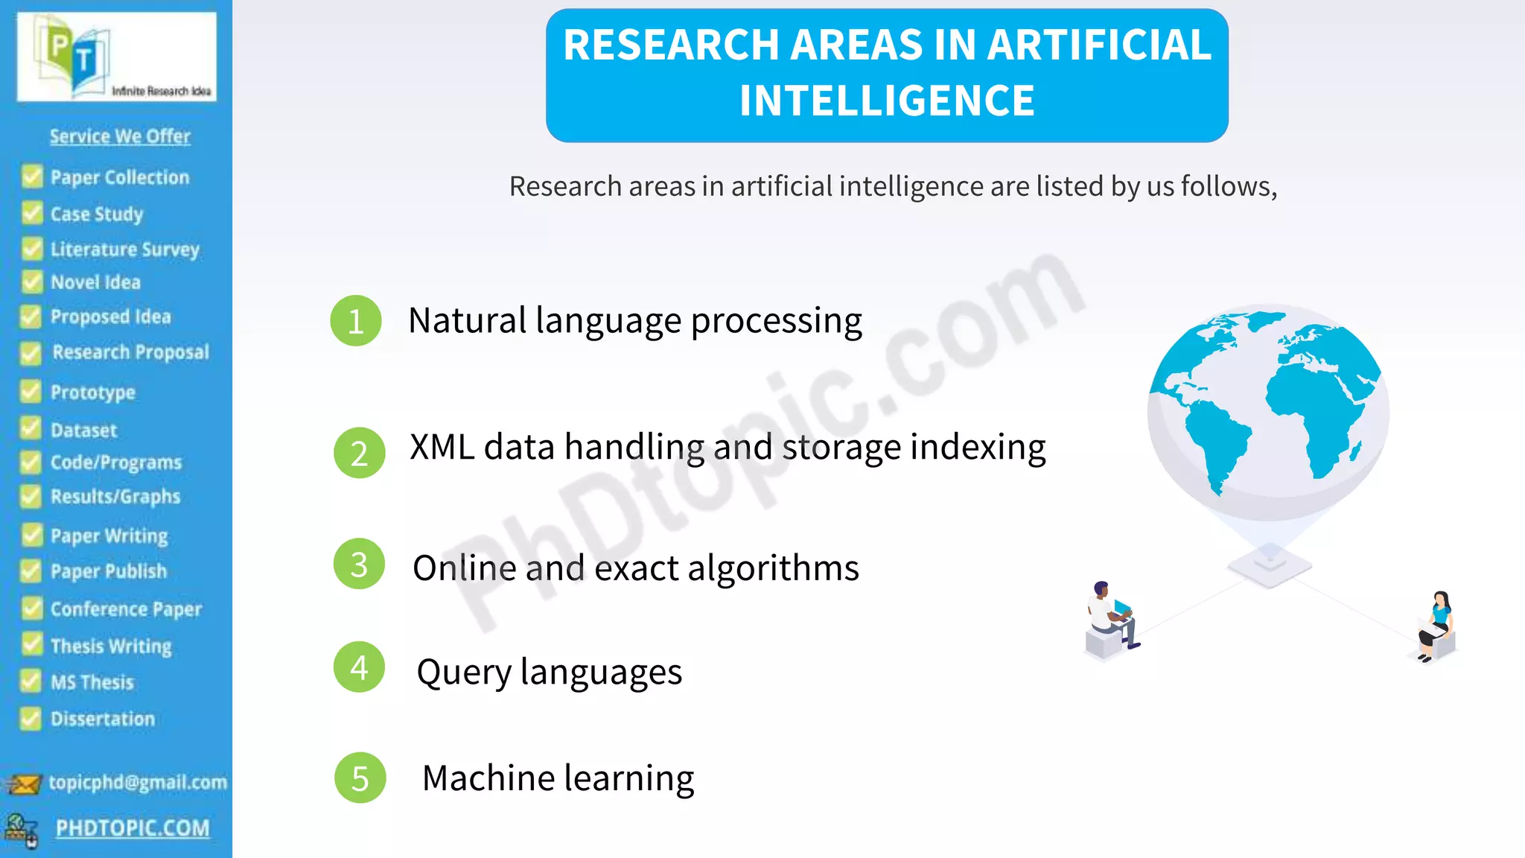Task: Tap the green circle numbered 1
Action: (356, 321)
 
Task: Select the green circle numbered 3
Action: (359, 565)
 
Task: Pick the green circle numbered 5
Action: (360, 778)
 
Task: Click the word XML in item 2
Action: (442, 448)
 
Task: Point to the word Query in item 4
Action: (463, 673)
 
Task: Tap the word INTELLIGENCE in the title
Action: (887, 101)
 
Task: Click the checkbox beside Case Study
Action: (32, 214)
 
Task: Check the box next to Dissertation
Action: (31, 719)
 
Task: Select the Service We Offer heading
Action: (120, 136)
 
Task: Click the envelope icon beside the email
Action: (24, 784)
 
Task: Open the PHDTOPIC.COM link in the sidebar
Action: (133, 828)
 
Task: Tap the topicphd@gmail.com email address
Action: (138, 782)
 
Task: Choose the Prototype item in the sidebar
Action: (93, 393)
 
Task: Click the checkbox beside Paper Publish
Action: (31, 571)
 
